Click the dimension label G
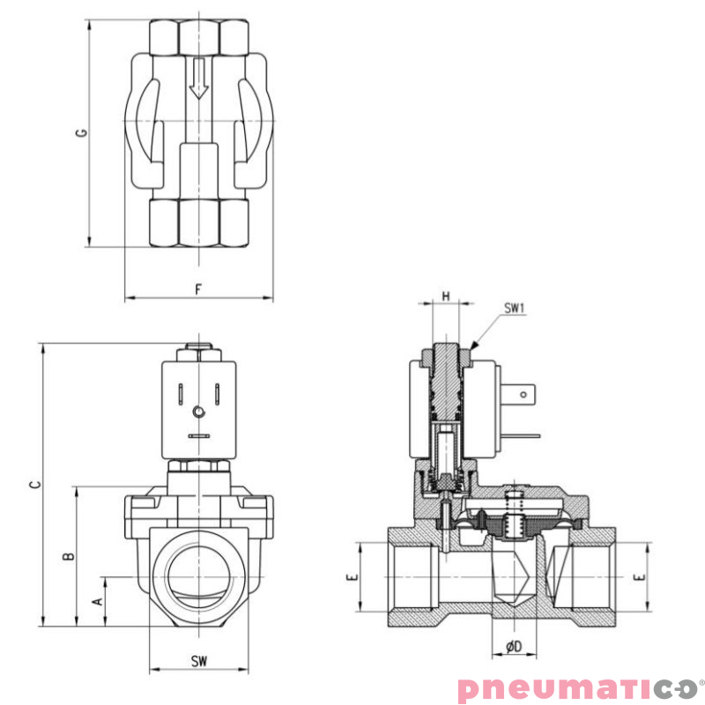(x=81, y=133)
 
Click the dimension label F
(x=199, y=288)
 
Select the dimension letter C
(x=33, y=485)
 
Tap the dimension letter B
(x=68, y=556)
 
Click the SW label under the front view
(x=199, y=661)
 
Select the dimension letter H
(x=446, y=297)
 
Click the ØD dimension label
(x=515, y=647)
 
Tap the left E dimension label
(x=351, y=577)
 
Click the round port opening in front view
(x=199, y=572)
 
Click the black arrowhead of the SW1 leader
(x=477, y=346)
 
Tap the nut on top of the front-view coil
(x=199, y=352)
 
